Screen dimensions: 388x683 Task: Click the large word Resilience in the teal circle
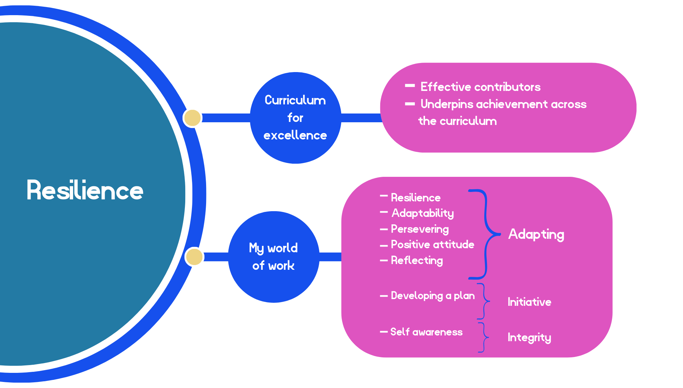point(85,191)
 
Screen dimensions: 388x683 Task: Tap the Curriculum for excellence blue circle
point(295,118)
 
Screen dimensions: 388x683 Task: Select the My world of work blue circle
point(273,257)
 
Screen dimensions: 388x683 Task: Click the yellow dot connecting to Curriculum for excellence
point(192,118)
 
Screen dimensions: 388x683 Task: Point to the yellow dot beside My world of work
point(194,257)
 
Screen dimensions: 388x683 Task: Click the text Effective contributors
point(480,87)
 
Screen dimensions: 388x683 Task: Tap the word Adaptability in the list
point(423,213)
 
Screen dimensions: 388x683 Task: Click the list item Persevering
point(420,229)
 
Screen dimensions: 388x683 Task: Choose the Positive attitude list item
point(432,245)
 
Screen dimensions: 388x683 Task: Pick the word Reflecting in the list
point(417,260)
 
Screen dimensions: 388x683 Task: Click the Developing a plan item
point(432,296)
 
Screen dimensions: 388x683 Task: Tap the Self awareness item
point(426,332)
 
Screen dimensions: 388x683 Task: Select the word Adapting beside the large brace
point(536,234)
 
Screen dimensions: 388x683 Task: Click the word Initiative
point(529,302)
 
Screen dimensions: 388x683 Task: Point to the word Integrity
point(529,337)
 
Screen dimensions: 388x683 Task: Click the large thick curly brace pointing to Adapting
point(485,234)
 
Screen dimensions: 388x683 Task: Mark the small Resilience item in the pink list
point(415,198)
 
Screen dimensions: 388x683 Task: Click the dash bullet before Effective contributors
point(410,86)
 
